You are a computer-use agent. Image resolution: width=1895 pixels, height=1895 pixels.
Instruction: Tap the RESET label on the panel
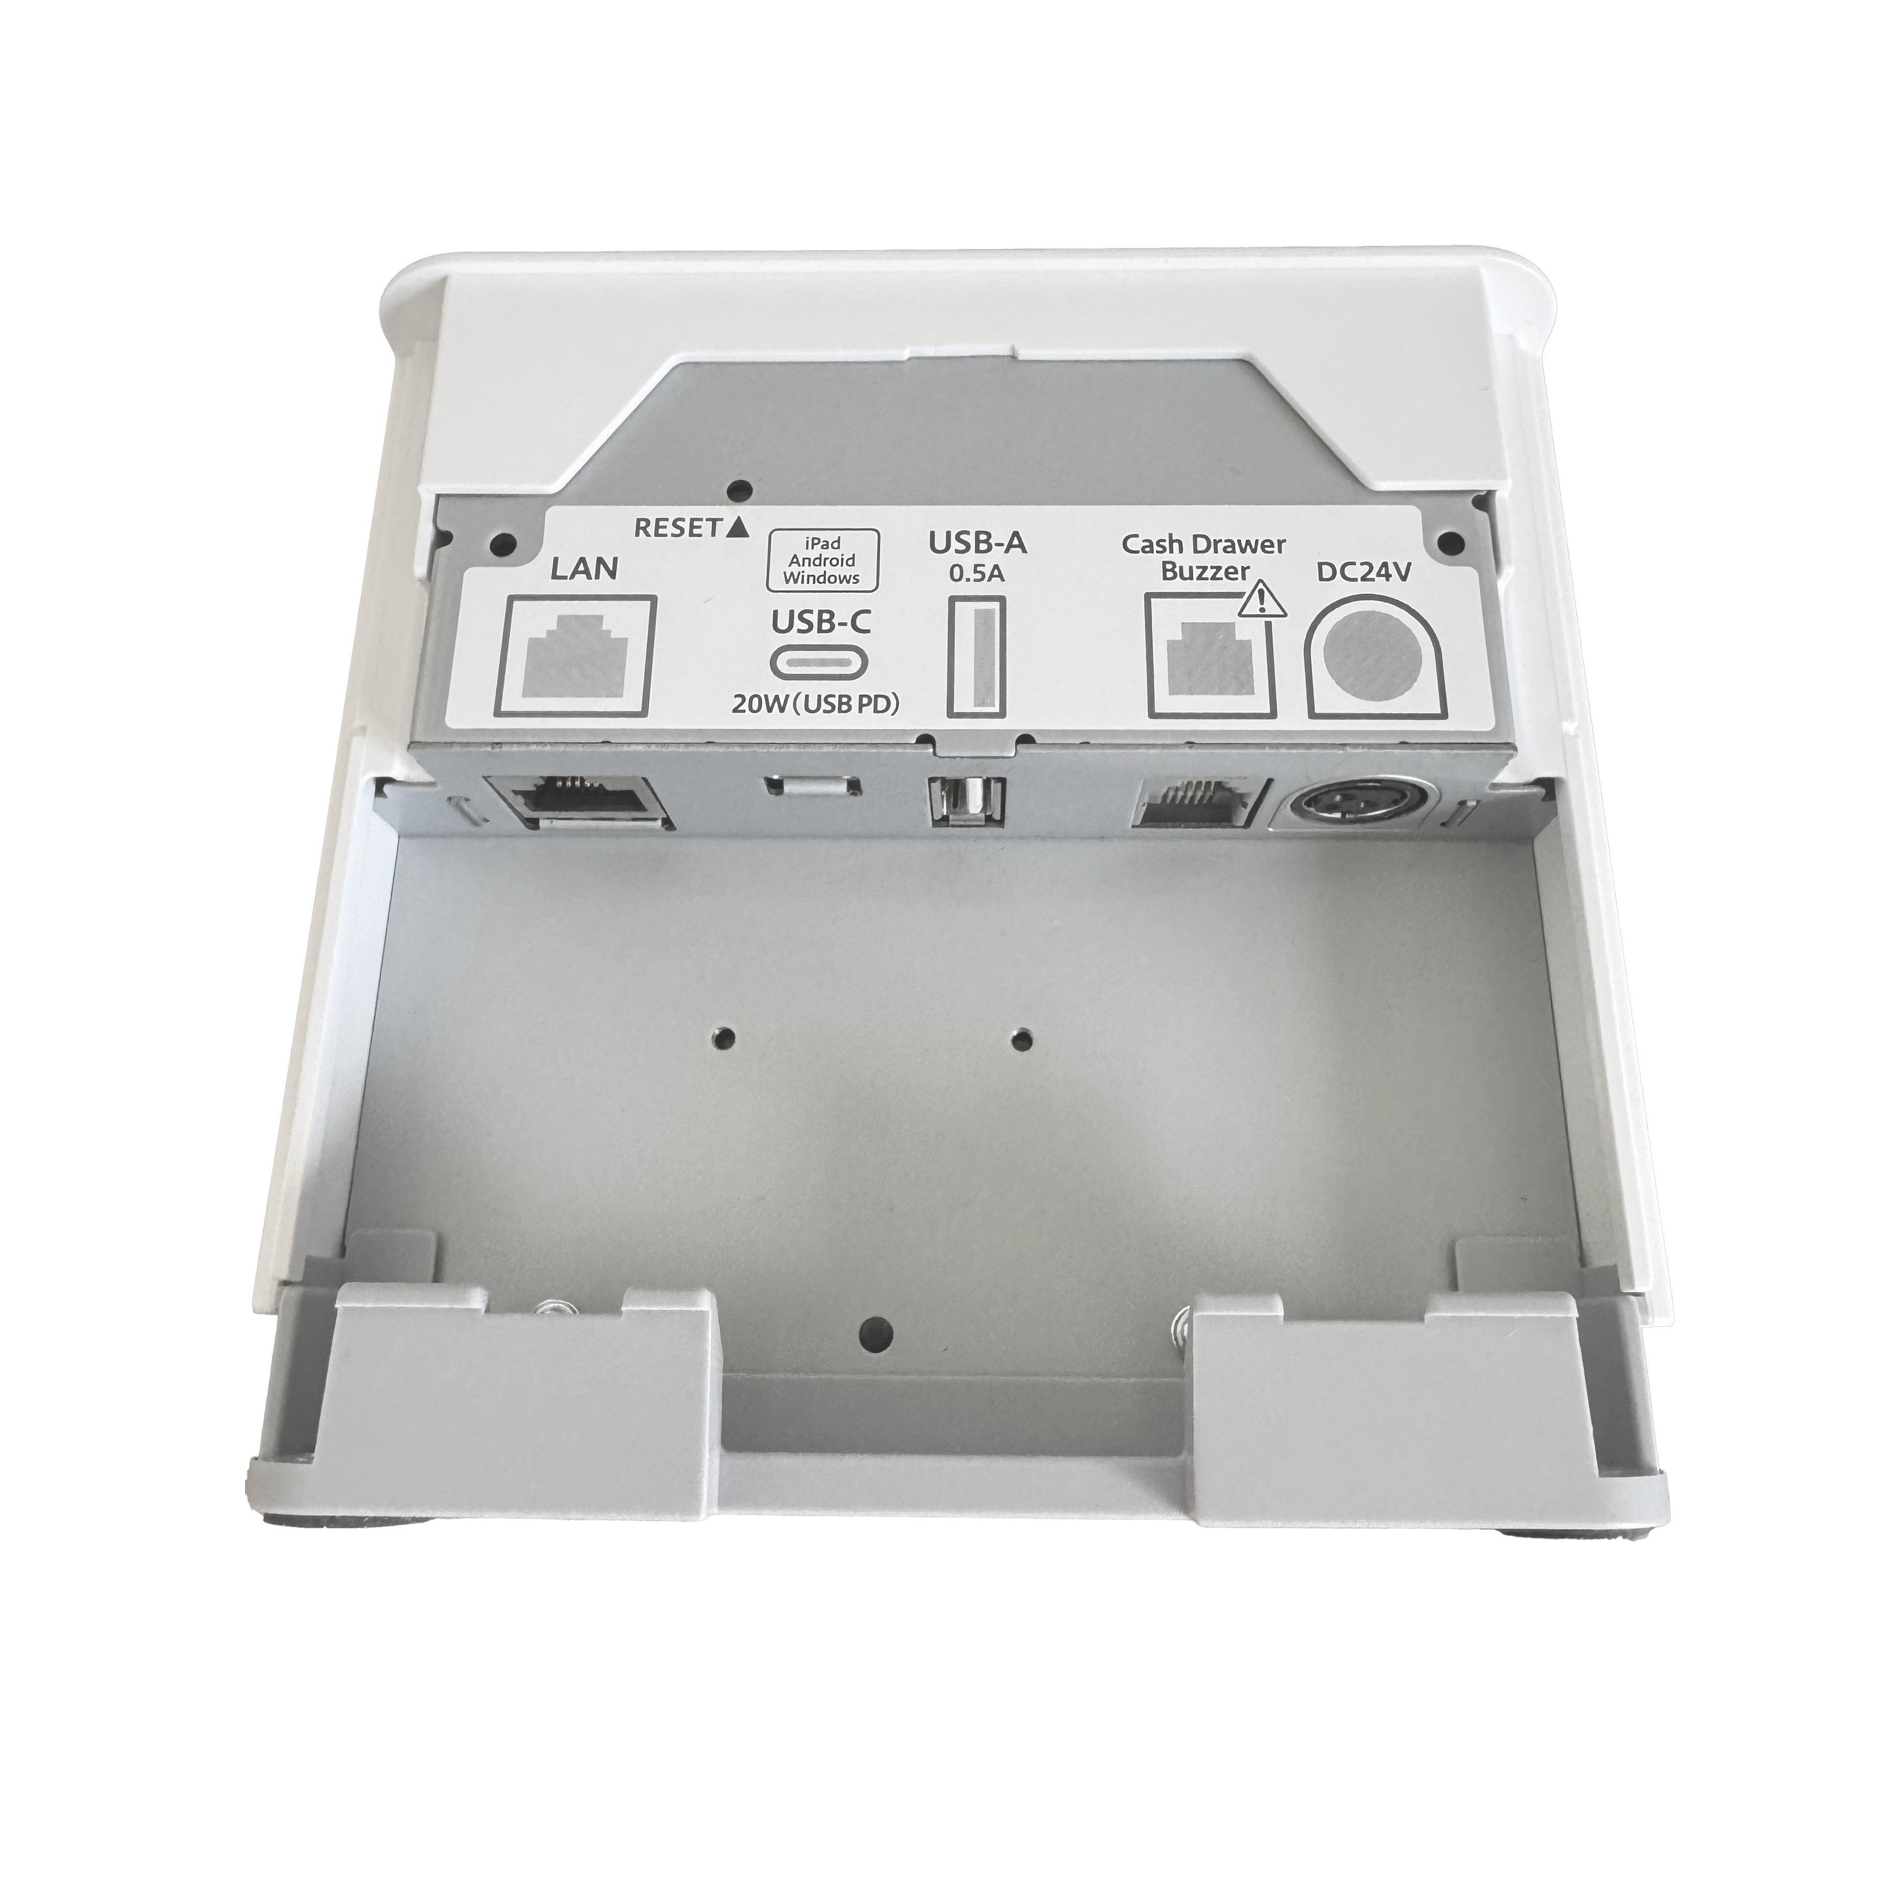[679, 528]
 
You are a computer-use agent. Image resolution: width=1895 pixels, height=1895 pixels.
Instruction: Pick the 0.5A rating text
[977, 575]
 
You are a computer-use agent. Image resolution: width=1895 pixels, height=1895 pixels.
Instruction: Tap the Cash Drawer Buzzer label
[1202, 557]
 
